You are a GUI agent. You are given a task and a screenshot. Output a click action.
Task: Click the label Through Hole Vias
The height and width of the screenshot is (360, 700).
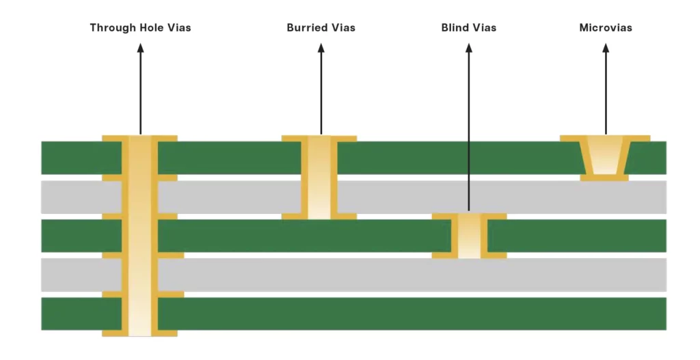click(140, 28)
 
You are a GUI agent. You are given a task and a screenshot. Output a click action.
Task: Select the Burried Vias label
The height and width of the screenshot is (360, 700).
click(321, 28)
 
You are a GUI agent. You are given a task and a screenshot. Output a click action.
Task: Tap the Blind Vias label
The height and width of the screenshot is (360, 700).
click(469, 28)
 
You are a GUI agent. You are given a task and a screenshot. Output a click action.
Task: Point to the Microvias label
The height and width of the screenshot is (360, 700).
click(606, 28)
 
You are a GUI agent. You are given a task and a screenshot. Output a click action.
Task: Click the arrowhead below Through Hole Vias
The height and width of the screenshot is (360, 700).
click(140, 48)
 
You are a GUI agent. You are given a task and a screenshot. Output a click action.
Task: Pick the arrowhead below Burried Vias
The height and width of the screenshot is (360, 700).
click(321, 48)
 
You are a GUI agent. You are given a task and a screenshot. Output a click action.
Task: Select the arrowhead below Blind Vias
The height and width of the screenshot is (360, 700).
click(469, 48)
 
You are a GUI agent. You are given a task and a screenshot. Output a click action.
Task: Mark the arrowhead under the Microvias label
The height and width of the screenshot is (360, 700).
click(606, 48)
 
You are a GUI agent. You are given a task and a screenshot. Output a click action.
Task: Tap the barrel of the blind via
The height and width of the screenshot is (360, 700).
click(469, 236)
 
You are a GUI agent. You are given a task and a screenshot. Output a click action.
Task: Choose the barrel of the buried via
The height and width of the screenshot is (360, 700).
click(319, 178)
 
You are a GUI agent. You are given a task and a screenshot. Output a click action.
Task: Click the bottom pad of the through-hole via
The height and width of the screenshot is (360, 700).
click(140, 333)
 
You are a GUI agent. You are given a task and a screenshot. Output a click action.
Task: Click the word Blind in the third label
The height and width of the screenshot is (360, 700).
click(455, 28)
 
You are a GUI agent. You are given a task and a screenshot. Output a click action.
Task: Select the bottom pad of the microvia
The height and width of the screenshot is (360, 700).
click(604, 178)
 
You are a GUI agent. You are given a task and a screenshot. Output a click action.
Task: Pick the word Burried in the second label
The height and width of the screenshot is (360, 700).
click(306, 28)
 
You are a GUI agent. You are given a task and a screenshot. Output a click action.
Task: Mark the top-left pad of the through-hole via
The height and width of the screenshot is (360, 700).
click(112, 138)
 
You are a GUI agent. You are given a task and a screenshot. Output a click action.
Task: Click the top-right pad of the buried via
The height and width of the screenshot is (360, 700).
click(347, 138)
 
